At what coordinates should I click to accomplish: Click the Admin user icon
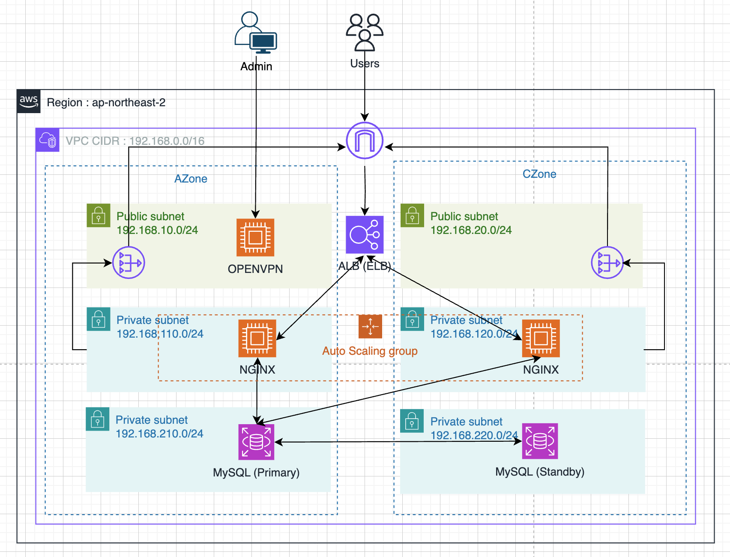point(256,33)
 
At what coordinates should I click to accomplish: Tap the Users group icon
point(365,33)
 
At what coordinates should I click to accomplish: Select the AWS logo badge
point(29,102)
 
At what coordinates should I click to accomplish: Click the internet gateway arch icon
point(365,141)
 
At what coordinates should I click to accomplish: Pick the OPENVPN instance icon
point(255,237)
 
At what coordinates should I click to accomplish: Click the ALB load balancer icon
point(365,235)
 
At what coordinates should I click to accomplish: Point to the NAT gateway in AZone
point(129,263)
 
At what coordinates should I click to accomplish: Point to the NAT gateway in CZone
point(607,263)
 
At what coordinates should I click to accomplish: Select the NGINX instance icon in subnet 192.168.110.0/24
point(257,338)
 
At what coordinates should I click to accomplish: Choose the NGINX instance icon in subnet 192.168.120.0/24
point(541,338)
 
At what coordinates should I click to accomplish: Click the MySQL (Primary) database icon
point(256,442)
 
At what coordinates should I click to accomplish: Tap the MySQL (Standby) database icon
point(540,441)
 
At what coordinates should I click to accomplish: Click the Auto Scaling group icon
point(370,326)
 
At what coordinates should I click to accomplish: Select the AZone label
point(191,179)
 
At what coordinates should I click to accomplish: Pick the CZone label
point(539,174)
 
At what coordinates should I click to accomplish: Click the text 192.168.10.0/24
point(157,230)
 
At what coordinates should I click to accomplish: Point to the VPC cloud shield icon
point(48,140)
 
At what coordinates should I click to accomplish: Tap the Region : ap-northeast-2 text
point(106,102)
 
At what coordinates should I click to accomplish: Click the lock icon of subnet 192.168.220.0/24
point(412,421)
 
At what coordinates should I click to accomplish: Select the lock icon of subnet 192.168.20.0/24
point(412,215)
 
